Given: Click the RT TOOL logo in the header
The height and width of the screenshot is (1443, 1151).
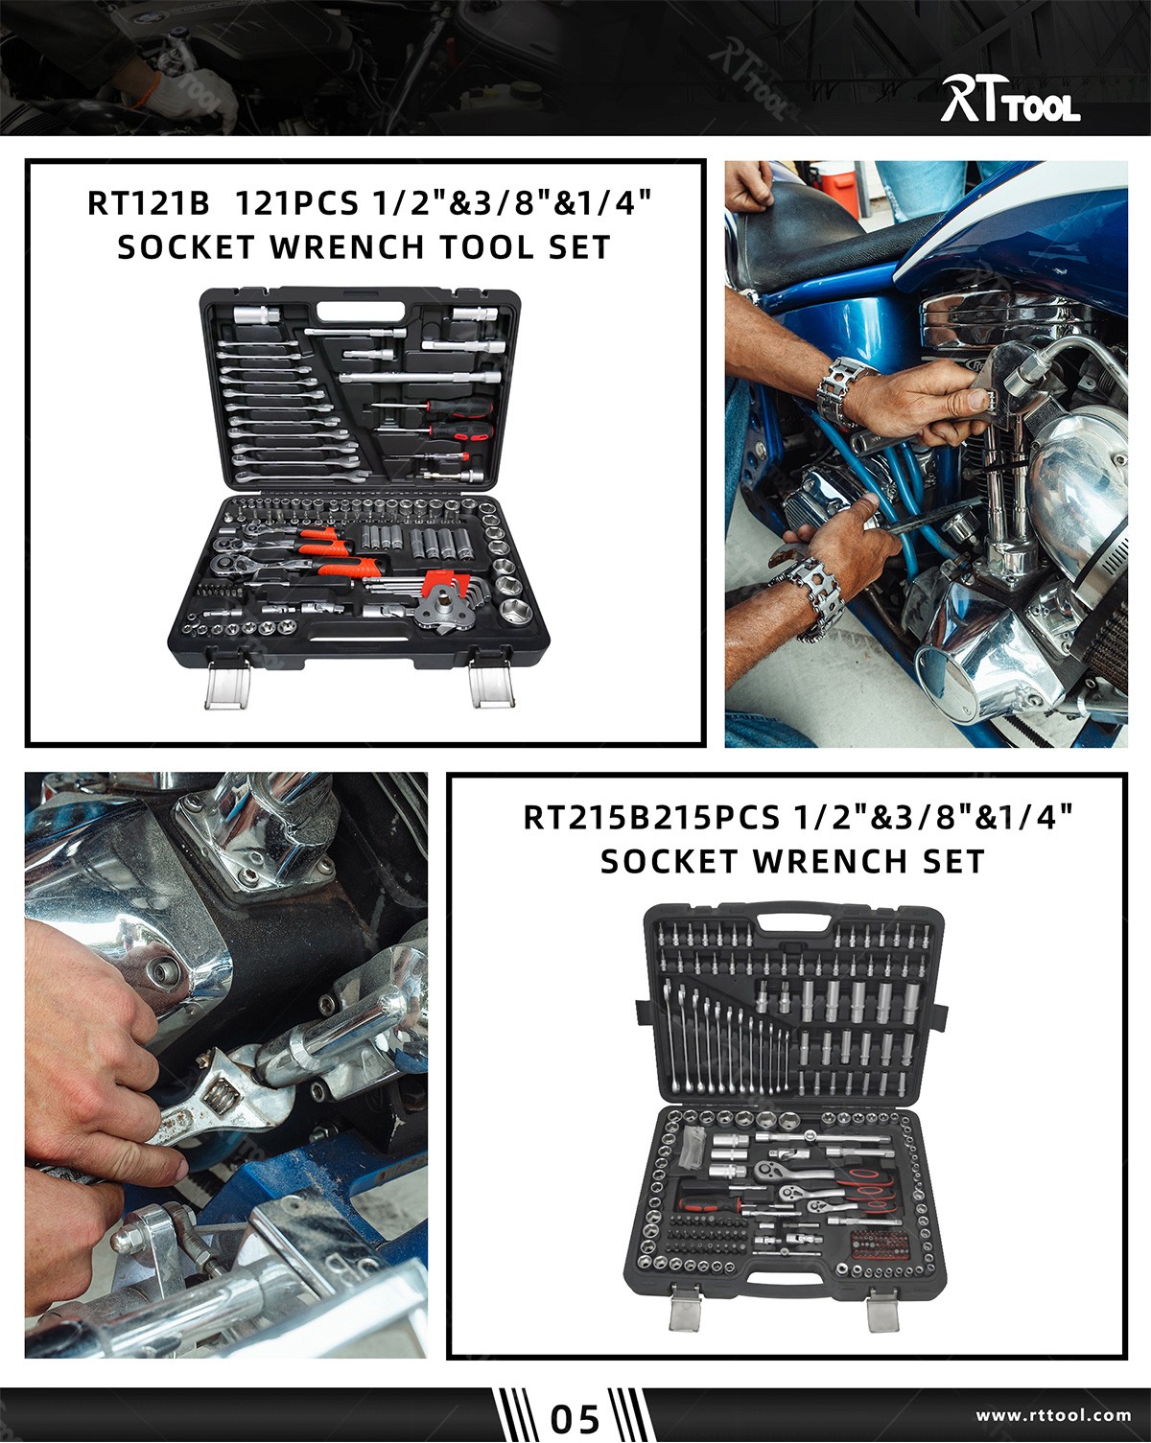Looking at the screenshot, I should click(1009, 100).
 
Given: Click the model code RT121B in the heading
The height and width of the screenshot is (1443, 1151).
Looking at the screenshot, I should click(148, 204).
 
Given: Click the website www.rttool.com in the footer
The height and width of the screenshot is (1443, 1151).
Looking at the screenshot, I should click(1053, 1415).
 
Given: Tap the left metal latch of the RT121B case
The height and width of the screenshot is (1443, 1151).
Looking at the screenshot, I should click(228, 684).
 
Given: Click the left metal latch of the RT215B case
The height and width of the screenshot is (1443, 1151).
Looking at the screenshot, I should click(684, 1305).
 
